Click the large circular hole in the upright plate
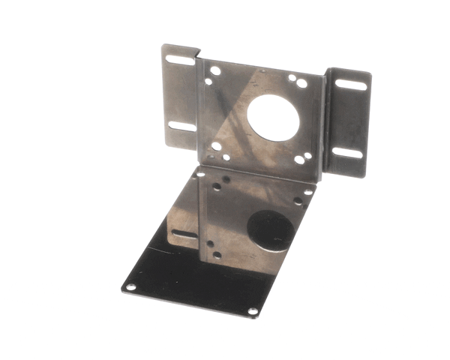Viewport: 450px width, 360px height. pyautogui.click(x=272, y=119)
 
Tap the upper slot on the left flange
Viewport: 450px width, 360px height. pyautogui.click(x=178, y=59)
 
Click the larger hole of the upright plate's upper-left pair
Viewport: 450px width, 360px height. pyautogui.click(x=215, y=71)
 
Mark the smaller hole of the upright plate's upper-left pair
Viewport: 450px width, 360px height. pyautogui.click(x=208, y=80)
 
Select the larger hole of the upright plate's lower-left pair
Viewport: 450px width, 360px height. pyautogui.click(x=217, y=146)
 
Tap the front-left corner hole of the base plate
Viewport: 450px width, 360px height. pyautogui.click(x=130, y=286)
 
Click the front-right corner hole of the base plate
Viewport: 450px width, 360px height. pyautogui.click(x=253, y=310)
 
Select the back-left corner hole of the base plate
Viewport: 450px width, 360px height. pyautogui.click(x=200, y=173)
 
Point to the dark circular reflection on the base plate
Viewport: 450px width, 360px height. pyautogui.click(x=271, y=231)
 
